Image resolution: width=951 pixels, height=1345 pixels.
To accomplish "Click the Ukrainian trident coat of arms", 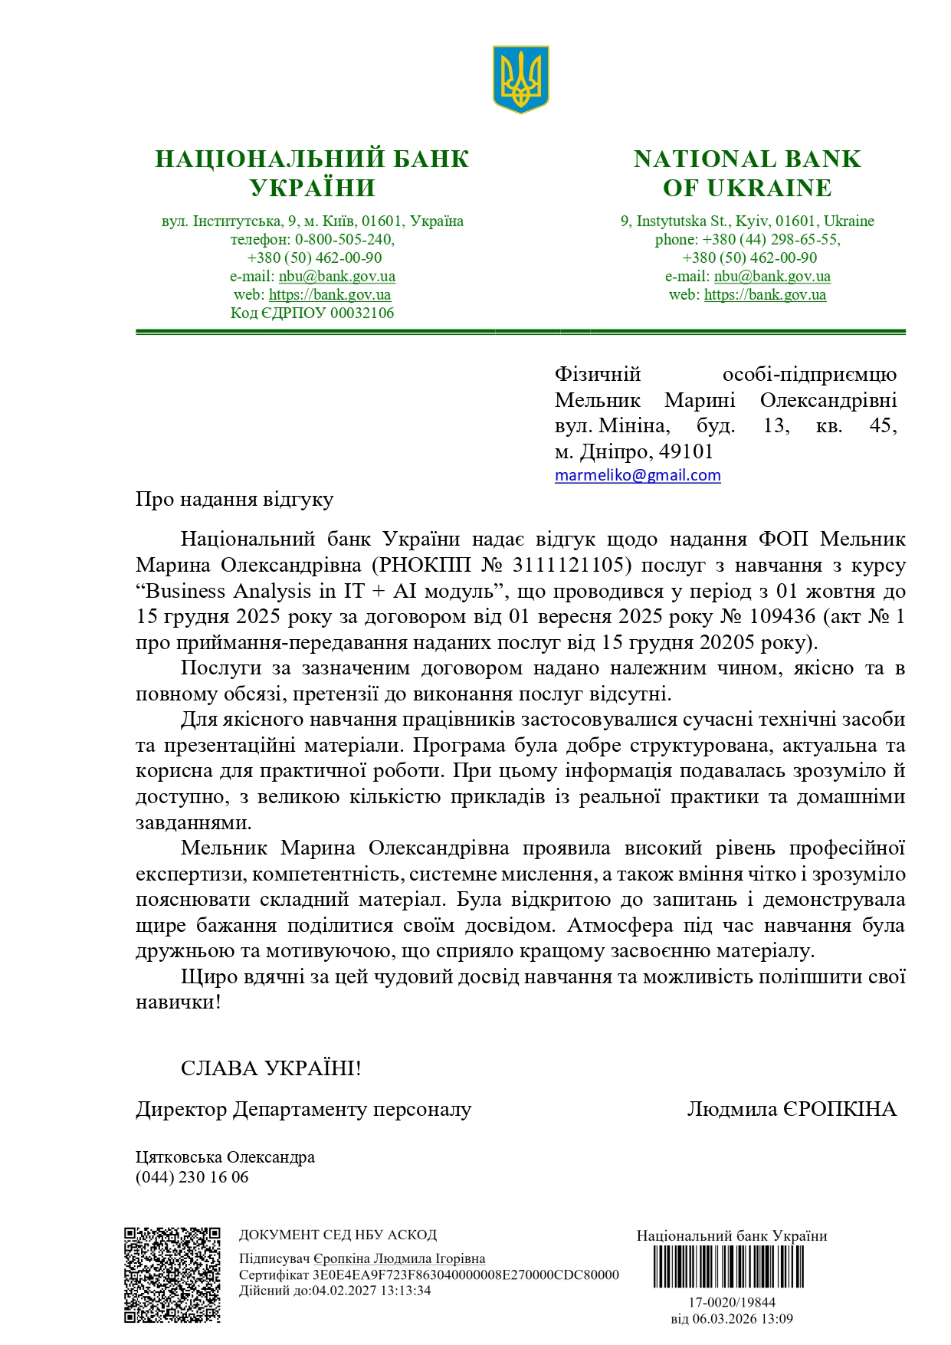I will [x=520, y=79].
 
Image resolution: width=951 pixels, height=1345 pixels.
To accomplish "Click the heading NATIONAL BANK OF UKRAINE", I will [x=746, y=173].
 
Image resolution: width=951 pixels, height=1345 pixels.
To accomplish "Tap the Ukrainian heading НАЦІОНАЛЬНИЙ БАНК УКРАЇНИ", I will [x=312, y=173].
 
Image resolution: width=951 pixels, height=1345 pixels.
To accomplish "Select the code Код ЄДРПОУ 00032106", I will [x=312, y=313].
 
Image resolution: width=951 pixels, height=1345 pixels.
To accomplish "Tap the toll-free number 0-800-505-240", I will [x=344, y=239].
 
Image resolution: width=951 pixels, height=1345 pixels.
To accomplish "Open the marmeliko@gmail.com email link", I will [x=638, y=475].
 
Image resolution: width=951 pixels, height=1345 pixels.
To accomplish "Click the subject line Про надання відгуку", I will [x=234, y=500].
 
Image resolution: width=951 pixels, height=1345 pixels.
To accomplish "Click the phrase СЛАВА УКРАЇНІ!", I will [x=271, y=1068].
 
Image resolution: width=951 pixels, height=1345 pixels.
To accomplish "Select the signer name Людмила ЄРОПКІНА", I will [x=791, y=1109].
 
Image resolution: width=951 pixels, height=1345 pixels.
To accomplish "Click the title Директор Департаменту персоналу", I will [x=303, y=1109].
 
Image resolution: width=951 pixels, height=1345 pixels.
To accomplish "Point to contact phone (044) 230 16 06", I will [x=192, y=1177].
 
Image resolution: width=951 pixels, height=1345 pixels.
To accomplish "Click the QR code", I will [x=172, y=1274].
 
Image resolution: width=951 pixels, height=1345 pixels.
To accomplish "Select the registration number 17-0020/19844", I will [x=731, y=1302].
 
